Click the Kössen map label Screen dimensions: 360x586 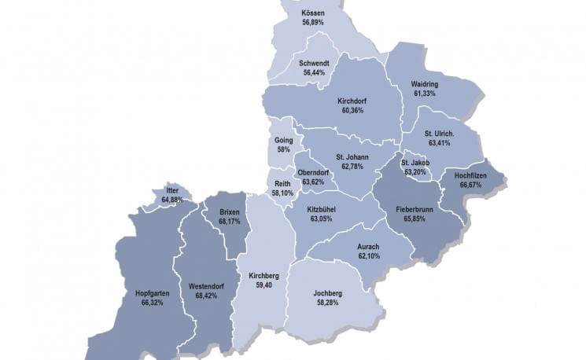312,13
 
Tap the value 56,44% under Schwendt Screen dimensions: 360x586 312,72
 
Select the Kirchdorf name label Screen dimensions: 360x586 352,101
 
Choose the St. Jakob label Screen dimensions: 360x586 415,162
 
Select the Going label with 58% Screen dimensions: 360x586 284,140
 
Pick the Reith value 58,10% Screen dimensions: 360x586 283,192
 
